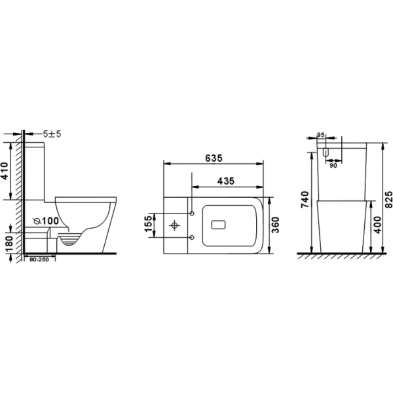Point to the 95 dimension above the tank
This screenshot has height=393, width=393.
click(321, 135)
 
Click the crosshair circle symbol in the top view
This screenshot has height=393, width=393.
click(175, 225)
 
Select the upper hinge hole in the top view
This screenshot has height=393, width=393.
click(191, 214)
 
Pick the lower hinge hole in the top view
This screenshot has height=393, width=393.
click(191, 236)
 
